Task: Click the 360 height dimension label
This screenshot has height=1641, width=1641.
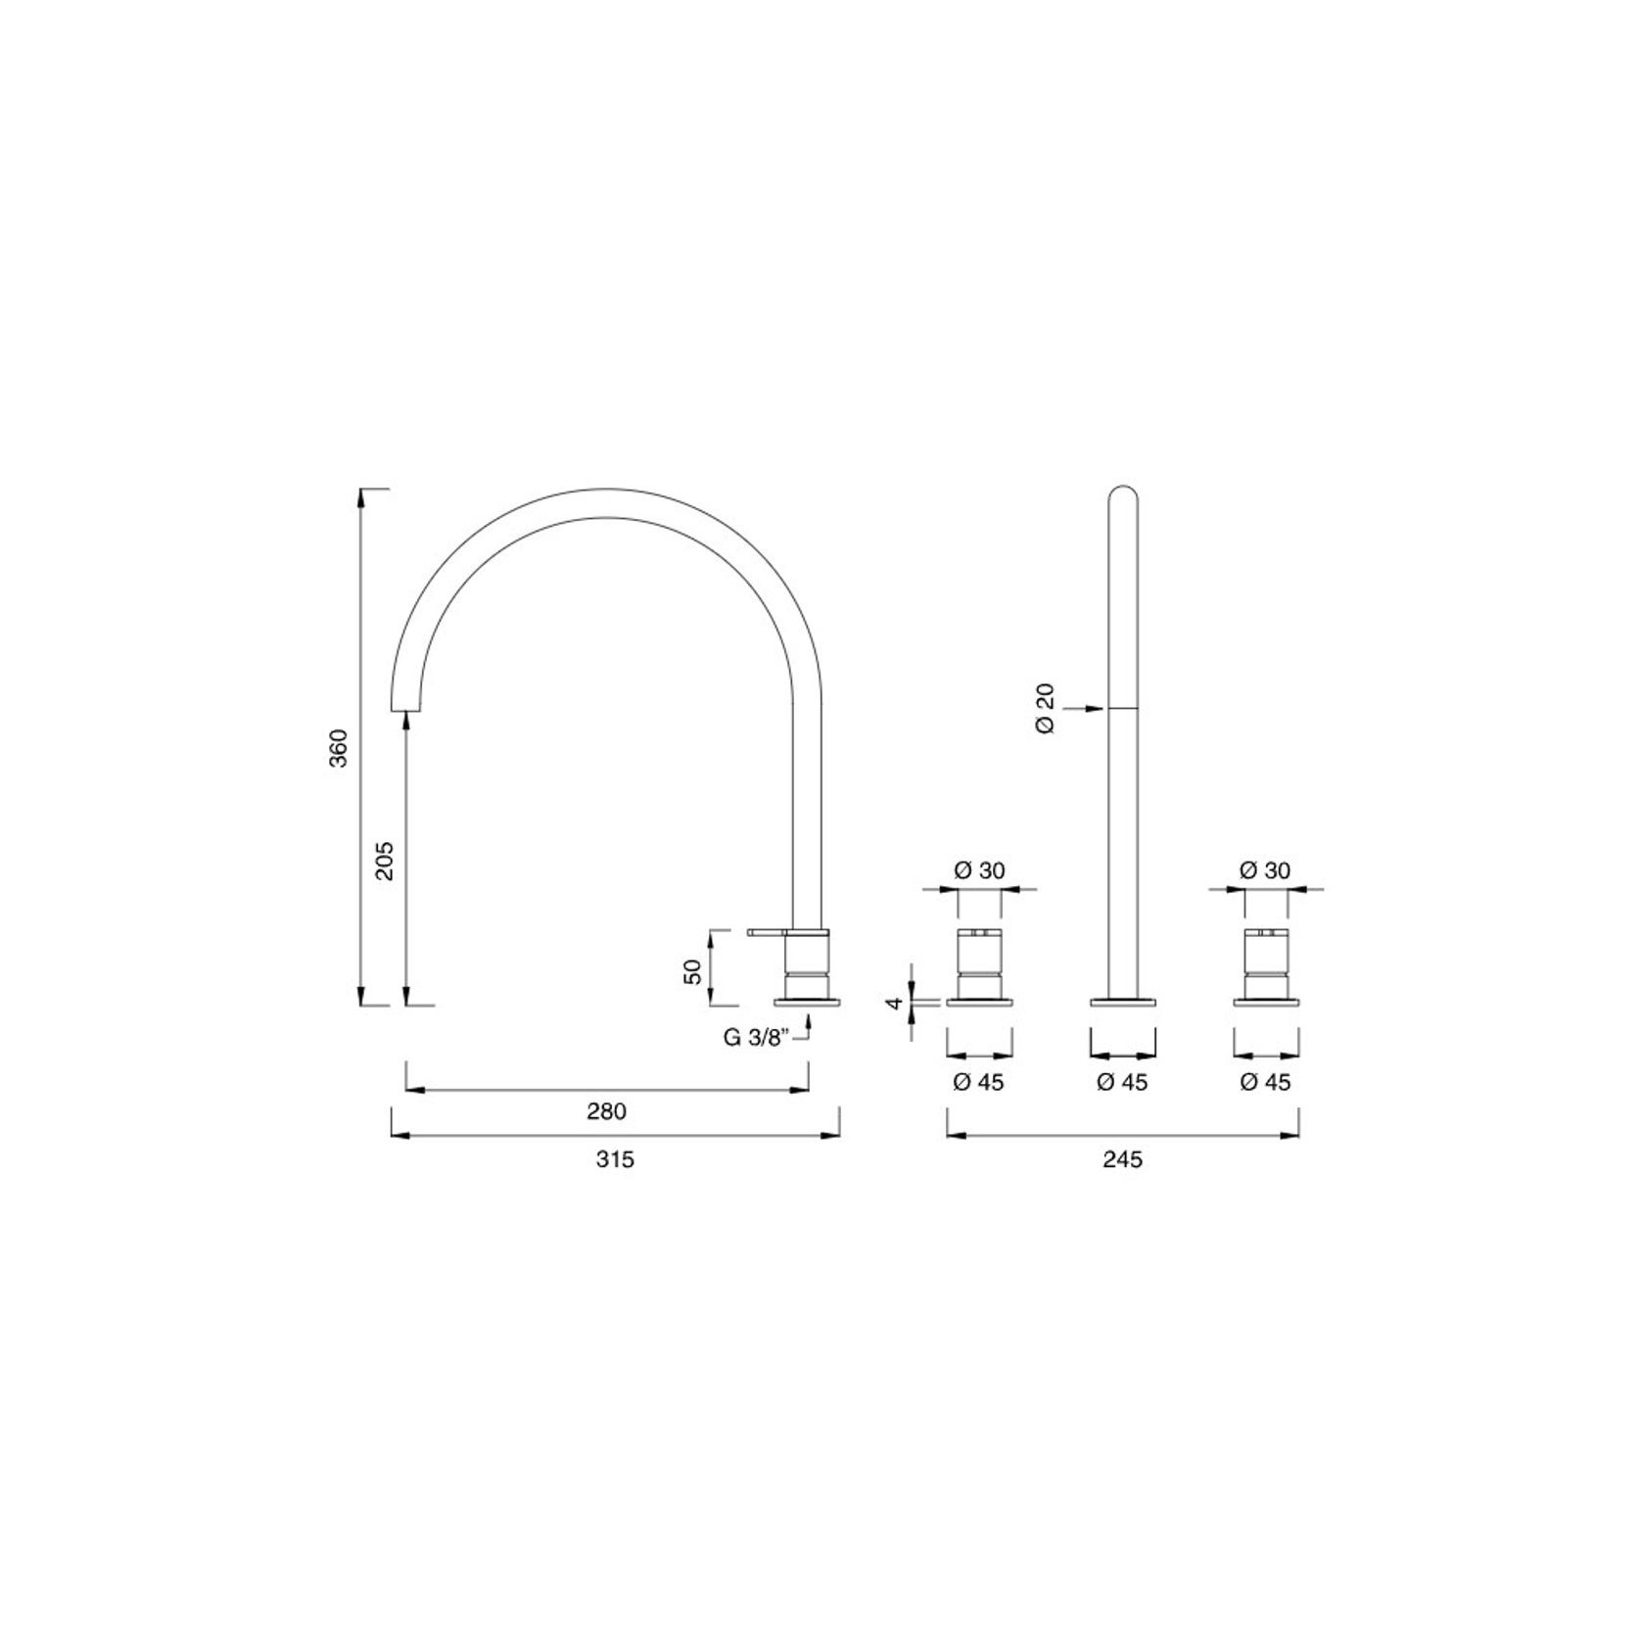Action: tap(338, 748)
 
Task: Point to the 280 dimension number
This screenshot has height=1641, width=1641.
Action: tap(606, 1111)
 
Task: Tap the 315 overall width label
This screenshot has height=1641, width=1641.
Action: tap(615, 1159)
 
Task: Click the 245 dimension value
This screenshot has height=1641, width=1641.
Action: tap(1122, 1159)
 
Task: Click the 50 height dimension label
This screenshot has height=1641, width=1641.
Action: tap(692, 971)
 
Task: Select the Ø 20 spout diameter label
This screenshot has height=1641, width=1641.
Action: tap(1046, 710)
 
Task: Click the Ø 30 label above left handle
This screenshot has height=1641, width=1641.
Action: tap(979, 870)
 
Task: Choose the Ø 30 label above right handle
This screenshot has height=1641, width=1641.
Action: tap(1265, 870)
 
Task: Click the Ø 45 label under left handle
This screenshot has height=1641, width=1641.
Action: tap(978, 1082)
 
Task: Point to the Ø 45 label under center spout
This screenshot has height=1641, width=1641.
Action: tap(1122, 1082)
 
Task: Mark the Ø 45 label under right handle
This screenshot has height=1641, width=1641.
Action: tap(1265, 1082)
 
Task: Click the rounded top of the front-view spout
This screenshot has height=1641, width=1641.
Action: tap(1123, 494)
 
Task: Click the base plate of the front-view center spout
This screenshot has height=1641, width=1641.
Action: tap(1123, 1001)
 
